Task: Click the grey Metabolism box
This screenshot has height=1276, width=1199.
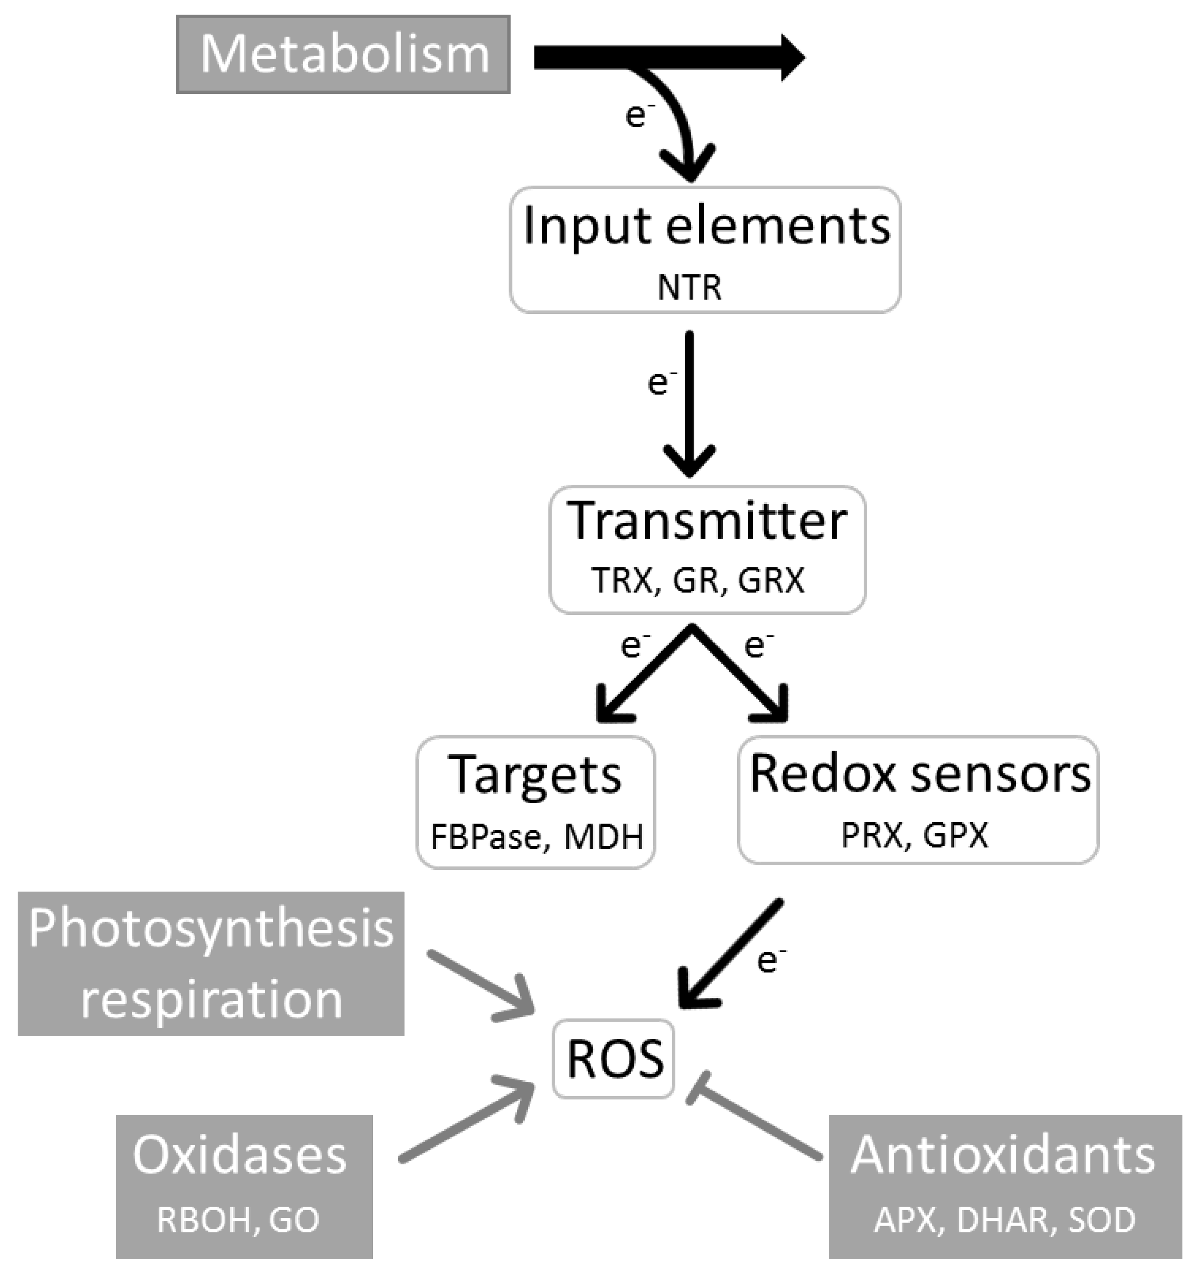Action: click(343, 55)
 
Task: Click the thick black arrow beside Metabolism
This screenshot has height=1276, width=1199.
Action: click(668, 58)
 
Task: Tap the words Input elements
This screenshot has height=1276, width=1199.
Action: click(706, 226)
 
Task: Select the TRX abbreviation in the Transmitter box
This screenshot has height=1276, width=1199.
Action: click(625, 580)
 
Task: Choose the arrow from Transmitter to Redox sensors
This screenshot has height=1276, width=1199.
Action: click(739, 674)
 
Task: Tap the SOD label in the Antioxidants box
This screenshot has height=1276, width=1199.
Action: click(1102, 1220)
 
